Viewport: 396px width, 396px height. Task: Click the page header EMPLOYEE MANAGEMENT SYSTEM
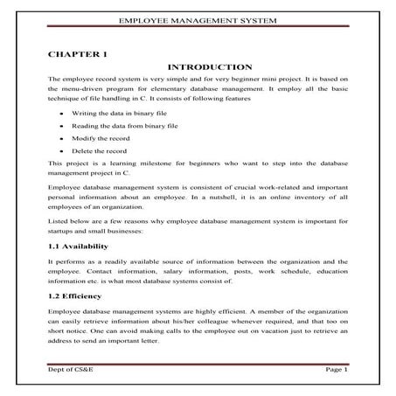click(x=198, y=18)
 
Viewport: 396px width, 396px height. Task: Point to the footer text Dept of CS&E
click(x=73, y=371)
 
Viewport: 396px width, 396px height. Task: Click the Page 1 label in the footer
click(x=337, y=371)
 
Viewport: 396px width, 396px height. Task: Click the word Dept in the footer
click(x=57, y=371)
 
